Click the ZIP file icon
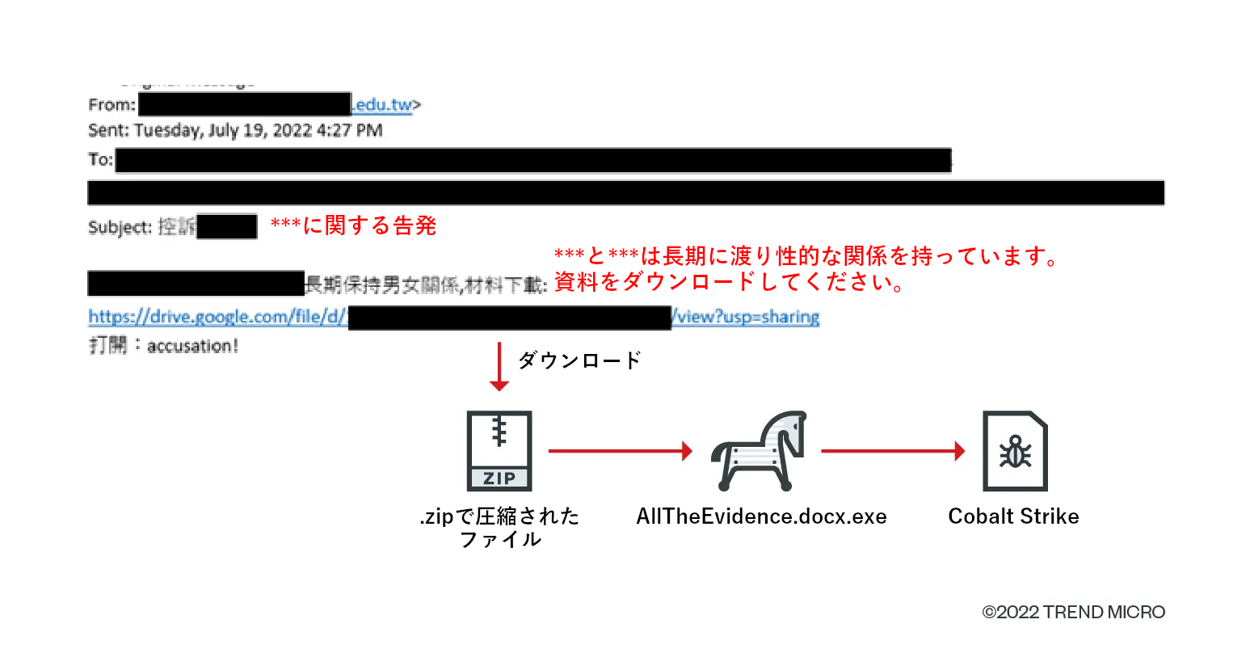[x=499, y=450]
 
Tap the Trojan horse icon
[x=759, y=451]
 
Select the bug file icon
[x=1015, y=451]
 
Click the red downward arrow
[x=499, y=368]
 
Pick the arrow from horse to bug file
[x=893, y=451]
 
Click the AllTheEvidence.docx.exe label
[x=761, y=516]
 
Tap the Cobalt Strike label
[x=1013, y=516]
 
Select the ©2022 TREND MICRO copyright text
[x=1073, y=612]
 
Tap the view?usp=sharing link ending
[x=746, y=317]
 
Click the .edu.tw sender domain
[x=382, y=105]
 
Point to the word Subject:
[x=120, y=228]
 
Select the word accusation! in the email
[x=192, y=346]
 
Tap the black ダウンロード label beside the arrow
[x=579, y=360]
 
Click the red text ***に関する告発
[x=353, y=225]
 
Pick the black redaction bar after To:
[x=533, y=161]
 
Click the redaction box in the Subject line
[x=227, y=227]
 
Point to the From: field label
[x=112, y=105]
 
